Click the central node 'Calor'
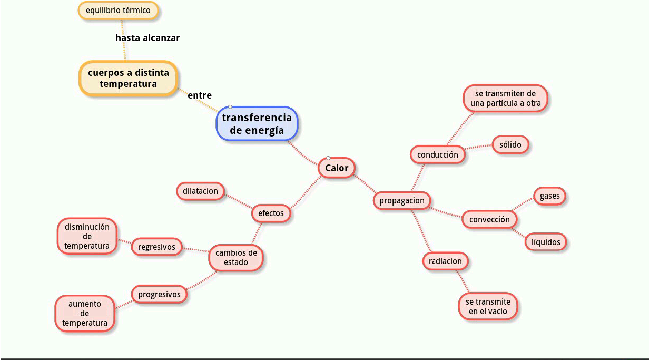tap(337, 168)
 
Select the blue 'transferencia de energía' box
tap(257, 124)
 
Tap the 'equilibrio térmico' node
tap(118, 11)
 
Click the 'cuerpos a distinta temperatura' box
tap(128, 78)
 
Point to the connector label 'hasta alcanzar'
tap(147, 38)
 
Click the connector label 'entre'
tap(200, 95)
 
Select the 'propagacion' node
tap(402, 201)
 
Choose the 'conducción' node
tap(438, 155)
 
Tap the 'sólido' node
tap(510, 144)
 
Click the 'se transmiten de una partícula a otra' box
tap(506, 99)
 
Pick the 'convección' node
tap(489, 219)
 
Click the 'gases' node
tap(550, 197)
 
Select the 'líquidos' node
tap(546, 242)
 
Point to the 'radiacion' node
tap(445, 261)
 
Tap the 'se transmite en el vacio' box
tap(488, 306)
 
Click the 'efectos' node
tap(271, 213)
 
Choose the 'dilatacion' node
tap(200, 191)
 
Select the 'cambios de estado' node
tap(236, 258)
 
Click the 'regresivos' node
tap(156, 246)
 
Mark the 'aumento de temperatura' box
tap(85, 313)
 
